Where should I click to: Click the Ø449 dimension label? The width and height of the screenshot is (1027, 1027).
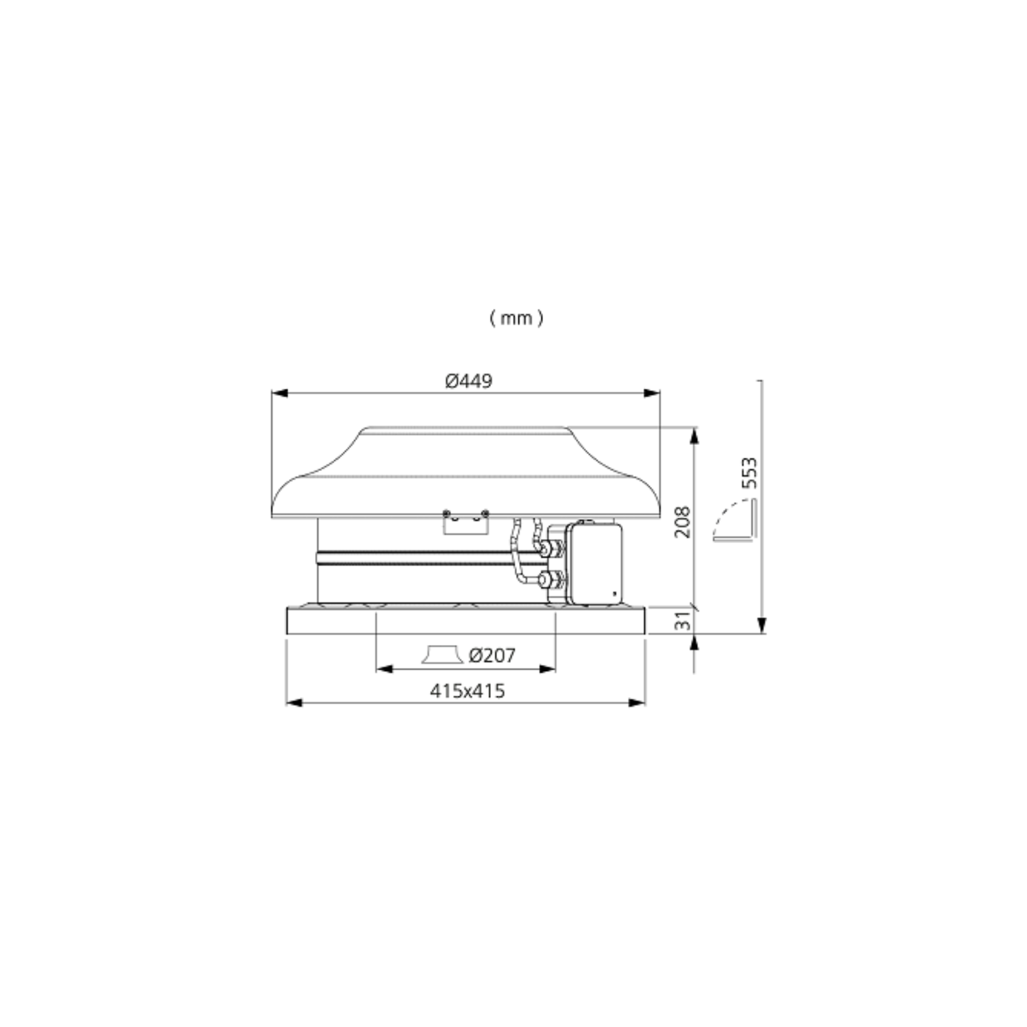pos(468,381)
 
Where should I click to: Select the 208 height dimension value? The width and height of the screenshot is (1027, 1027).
pos(683,522)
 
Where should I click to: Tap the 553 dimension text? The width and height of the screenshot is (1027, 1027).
pos(750,472)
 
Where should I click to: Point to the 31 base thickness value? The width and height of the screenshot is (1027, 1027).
pos(683,621)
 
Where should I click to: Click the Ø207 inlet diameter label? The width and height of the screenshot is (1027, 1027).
pos(492,655)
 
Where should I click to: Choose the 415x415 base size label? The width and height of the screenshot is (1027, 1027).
pos(468,691)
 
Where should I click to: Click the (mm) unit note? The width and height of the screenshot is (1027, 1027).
pos(517,318)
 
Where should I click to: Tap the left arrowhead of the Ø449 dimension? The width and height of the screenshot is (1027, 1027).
pos(279,394)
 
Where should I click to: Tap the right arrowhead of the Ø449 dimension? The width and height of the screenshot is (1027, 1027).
pos(653,394)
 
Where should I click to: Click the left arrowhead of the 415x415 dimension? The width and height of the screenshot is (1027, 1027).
pos(294,702)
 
